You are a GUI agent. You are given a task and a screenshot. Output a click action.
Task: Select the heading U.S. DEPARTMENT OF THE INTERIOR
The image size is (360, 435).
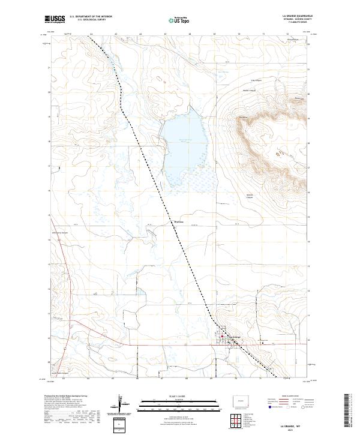(91, 16)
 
